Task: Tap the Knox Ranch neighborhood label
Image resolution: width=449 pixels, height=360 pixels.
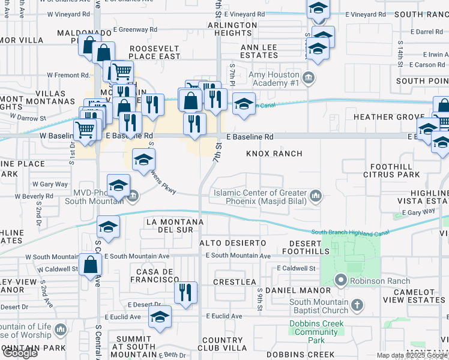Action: (x=274, y=154)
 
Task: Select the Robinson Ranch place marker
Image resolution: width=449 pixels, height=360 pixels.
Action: (x=341, y=280)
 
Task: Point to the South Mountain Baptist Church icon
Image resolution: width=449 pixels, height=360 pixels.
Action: (x=357, y=305)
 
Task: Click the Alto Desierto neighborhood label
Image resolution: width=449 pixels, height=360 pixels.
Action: (x=232, y=242)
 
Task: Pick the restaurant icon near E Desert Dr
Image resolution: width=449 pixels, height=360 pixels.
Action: (x=186, y=292)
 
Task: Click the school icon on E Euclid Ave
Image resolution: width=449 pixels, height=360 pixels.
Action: (x=160, y=317)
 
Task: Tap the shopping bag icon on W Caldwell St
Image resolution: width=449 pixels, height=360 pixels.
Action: (x=90, y=264)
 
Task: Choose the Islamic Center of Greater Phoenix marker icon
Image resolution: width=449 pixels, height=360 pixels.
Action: (x=315, y=196)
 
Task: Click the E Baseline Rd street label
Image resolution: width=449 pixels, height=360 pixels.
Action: (x=250, y=137)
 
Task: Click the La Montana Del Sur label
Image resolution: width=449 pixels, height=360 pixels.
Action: (x=170, y=226)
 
